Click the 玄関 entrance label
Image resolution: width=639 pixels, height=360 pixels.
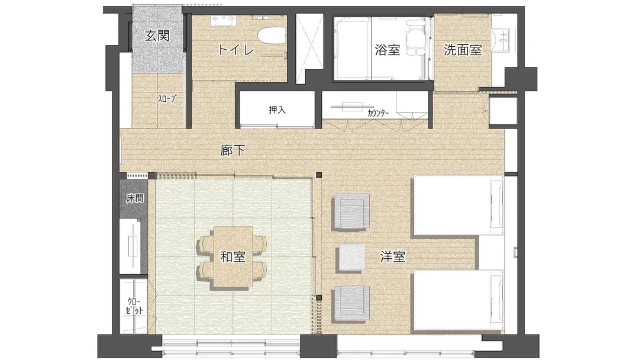tap(157, 36)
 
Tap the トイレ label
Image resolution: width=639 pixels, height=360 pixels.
tap(236, 50)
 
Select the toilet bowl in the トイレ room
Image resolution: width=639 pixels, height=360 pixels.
tap(270, 36)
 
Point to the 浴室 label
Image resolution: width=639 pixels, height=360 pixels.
tap(387, 50)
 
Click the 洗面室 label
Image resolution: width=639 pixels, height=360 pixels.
tap(463, 50)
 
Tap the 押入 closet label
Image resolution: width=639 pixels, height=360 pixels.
tap(277, 110)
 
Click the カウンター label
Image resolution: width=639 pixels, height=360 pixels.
tap(378, 113)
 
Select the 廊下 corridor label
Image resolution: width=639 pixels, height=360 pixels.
tap(233, 150)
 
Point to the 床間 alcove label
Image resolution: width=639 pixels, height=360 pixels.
tap(134, 198)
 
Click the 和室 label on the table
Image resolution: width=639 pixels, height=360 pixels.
tap(233, 257)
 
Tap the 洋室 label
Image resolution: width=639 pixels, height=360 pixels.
tap(393, 257)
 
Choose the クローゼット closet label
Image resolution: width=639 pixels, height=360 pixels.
tap(134, 306)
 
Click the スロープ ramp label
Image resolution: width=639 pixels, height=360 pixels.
tap(167, 99)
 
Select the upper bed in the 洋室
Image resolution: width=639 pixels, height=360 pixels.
tap(459, 205)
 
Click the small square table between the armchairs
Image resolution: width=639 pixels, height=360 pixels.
tap(352, 258)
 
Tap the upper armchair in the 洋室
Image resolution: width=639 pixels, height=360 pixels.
tap(350, 212)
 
